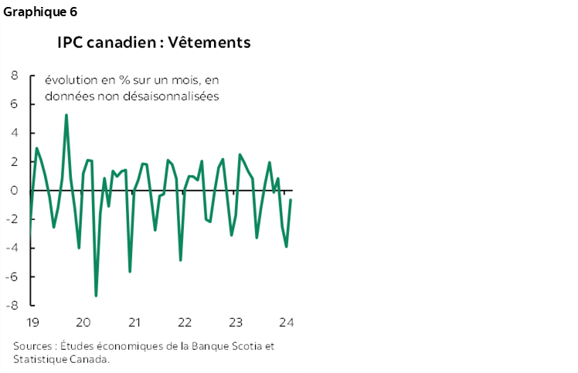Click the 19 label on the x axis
pyautogui.click(x=32, y=322)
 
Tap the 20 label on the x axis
pyautogui.click(x=83, y=322)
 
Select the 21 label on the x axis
pyautogui.click(x=134, y=322)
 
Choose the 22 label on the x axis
pyautogui.click(x=185, y=322)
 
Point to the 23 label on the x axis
pyautogui.click(x=236, y=322)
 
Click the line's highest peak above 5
pyautogui.click(x=66, y=115)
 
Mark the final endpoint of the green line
pyautogui.click(x=291, y=200)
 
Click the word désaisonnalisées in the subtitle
pyautogui.click(x=172, y=97)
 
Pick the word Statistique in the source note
pyautogui.click(x=39, y=359)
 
